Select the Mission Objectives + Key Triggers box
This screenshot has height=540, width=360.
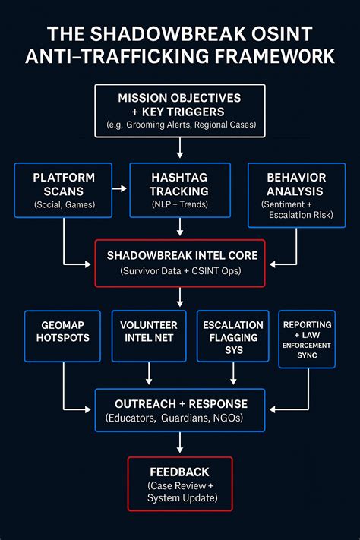pos(179,110)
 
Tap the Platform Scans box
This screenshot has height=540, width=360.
pos(63,194)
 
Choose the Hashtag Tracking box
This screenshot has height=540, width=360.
pos(179,189)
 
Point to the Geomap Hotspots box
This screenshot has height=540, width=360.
pos(62,335)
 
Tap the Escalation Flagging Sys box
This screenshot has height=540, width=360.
pos(232,335)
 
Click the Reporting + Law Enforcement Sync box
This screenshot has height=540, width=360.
pos(307,339)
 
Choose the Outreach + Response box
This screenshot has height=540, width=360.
pos(179,410)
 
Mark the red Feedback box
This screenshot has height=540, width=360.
pos(179,483)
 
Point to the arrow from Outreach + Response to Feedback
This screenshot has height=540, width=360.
pos(179,444)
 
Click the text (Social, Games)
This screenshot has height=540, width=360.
pos(63,205)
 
